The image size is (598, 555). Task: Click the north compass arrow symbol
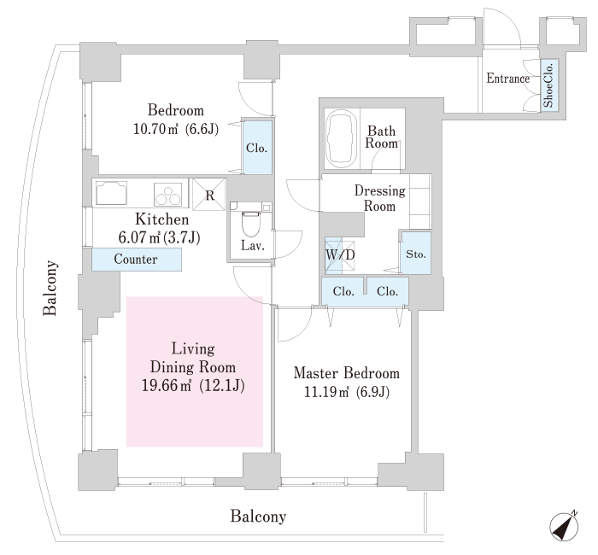pyautogui.click(x=563, y=527)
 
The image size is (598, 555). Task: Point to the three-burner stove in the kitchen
pyautogui.click(x=168, y=194)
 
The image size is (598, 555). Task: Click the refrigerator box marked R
pyautogui.click(x=209, y=192)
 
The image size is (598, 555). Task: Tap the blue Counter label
pyautogui.click(x=135, y=259)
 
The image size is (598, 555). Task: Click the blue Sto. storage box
pyautogui.click(x=416, y=254)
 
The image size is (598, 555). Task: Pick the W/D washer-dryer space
pyautogui.click(x=334, y=254)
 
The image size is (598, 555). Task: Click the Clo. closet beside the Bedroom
pyautogui.click(x=256, y=147)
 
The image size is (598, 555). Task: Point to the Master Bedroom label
pyautogui.click(x=346, y=374)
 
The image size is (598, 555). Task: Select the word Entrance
pyautogui.click(x=508, y=79)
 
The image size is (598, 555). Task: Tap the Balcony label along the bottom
pyautogui.click(x=257, y=517)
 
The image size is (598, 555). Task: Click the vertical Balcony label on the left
pyautogui.click(x=50, y=288)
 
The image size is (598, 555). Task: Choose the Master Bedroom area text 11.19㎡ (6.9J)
pyautogui.click(x=345, y=393)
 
